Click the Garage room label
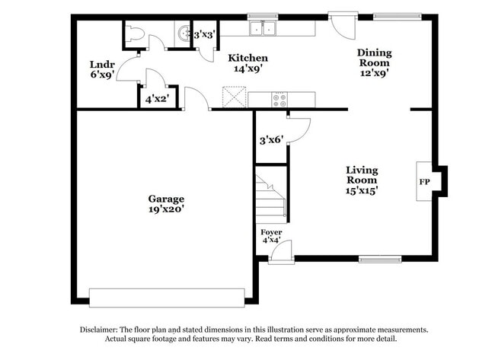coord(166,199)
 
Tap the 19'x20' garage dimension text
coord(166,209)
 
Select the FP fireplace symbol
coord(424,182)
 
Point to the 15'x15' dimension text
coord(362,190)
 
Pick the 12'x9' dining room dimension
coord(375,74)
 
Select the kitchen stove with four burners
coord(279,98)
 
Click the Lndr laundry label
coord(102,65)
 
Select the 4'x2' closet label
coord(158,98)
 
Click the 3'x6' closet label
coord(271,140)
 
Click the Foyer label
coord(271,231)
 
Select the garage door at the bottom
coord(167,296)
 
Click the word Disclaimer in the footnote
coord(101,330)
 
